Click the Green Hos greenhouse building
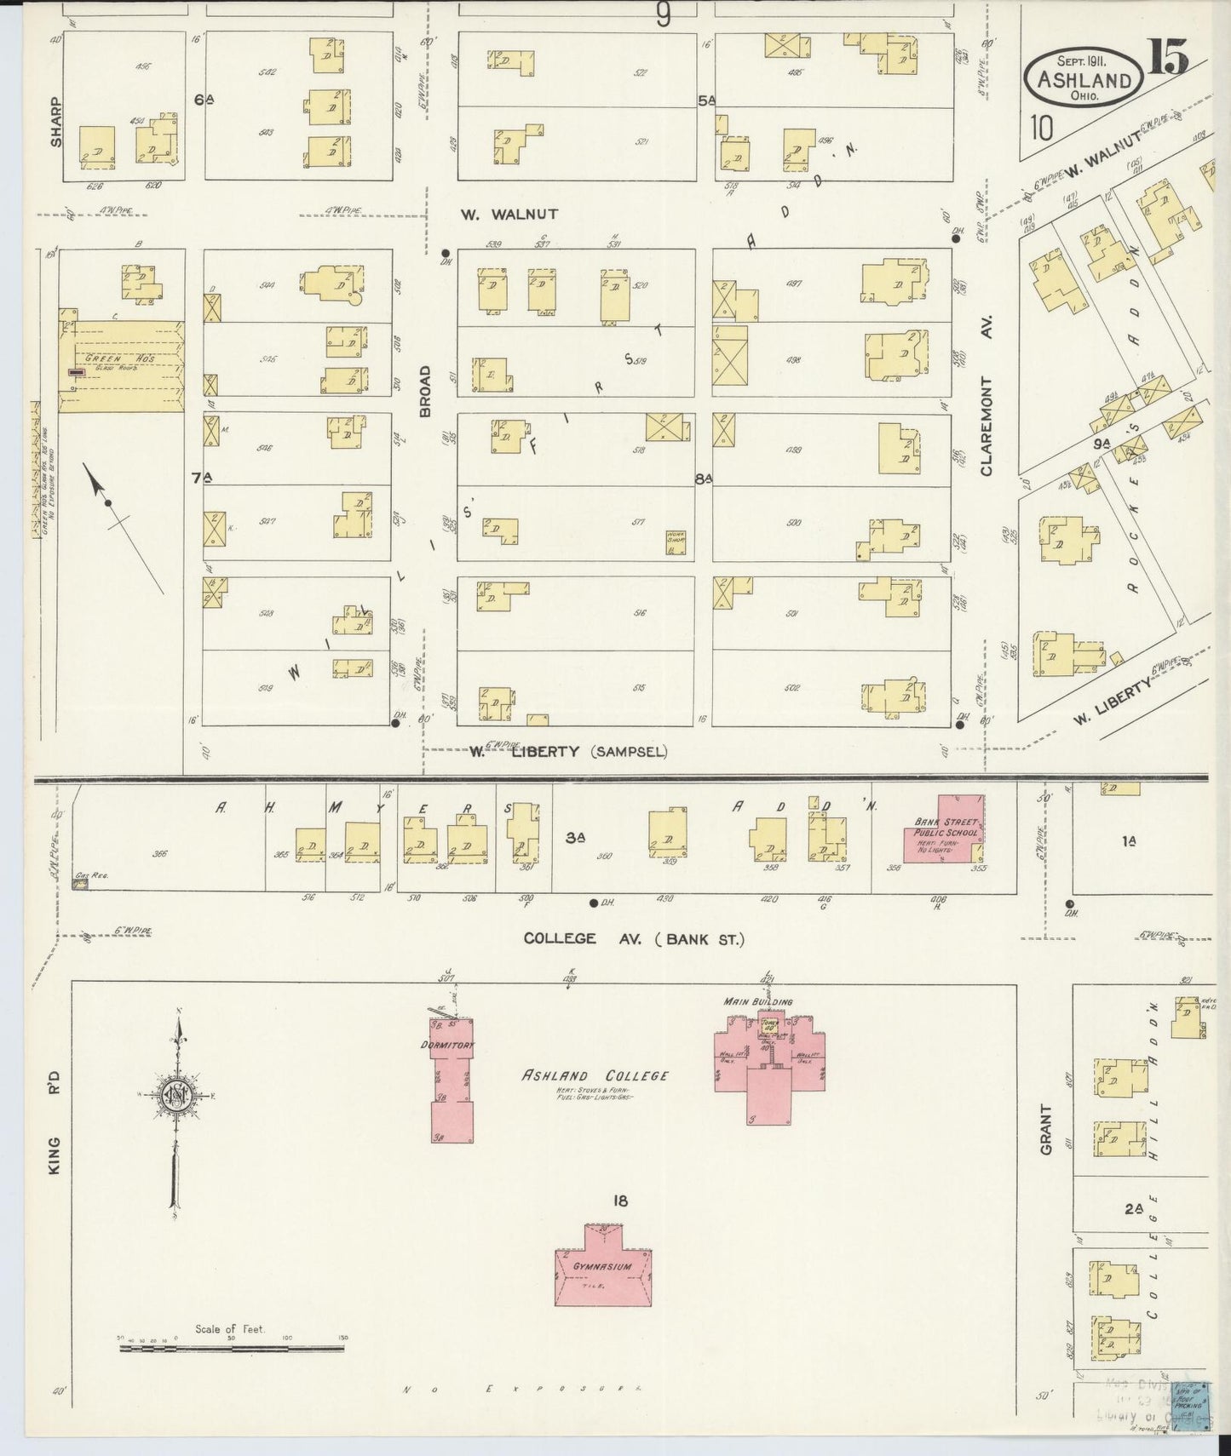(121, 367)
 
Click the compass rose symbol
(176, 1095)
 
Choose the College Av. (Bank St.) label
(634, 938)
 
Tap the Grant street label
(1046, 1130)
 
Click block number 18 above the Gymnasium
(619, 1201)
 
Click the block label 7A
(202, 478)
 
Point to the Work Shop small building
(677, 542)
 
